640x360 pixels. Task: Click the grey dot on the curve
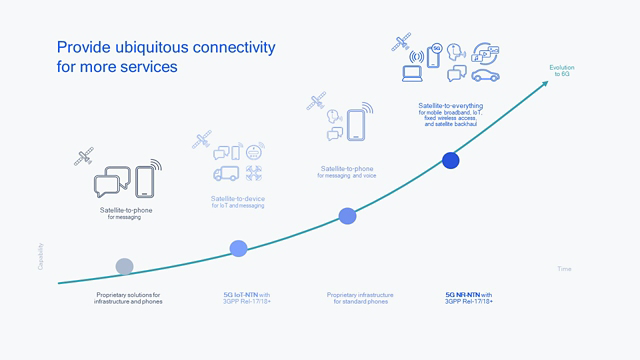tap(124, 266)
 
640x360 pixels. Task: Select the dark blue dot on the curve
tap(450, 160)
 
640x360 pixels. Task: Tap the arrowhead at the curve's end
tap(549, 83)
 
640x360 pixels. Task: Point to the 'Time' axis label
tap(564, 269)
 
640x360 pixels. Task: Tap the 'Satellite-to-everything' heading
tap(449, 104)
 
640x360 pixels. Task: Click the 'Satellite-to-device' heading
tap(237, 199)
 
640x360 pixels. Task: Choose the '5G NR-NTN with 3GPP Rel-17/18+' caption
tap(469, 297)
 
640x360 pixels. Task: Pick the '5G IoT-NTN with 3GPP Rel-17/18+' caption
tap(245, 297)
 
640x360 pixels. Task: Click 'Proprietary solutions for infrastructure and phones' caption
tap(129, 297)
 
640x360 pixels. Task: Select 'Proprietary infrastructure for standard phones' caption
tap(360, 297)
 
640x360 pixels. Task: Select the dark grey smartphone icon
tap(146, 182)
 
